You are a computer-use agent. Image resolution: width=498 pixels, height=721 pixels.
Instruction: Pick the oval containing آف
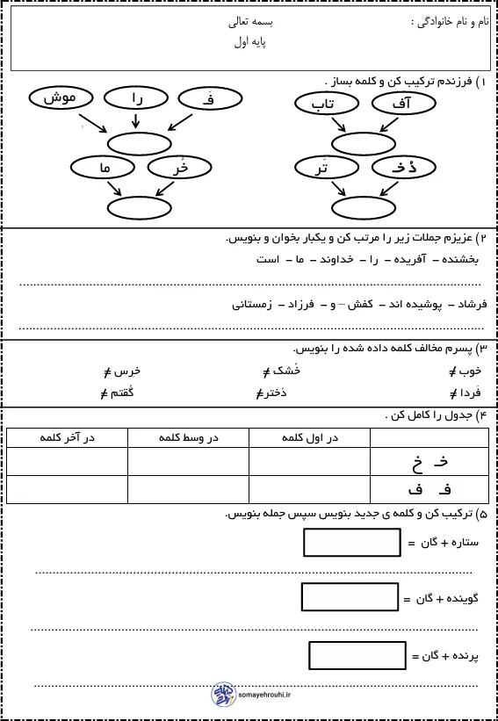coord(404,105)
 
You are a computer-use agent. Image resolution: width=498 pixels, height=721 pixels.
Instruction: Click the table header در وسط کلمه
coord(188,436)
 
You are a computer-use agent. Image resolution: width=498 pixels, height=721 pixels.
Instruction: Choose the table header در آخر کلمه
coord(67,436)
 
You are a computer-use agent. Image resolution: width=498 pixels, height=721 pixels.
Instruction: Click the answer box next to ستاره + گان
coord(340,544)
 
